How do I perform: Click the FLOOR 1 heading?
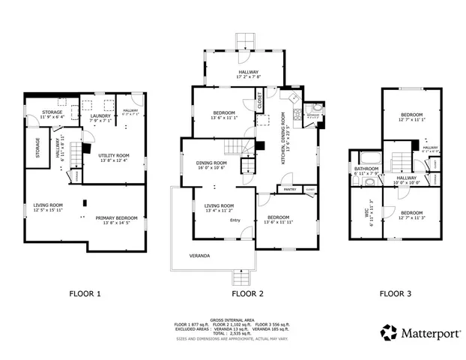[x=85, y=293]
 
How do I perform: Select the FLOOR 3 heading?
[x=395, y=293]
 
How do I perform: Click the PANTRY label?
[x=290, y=190]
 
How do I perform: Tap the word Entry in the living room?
[x=235, y=220]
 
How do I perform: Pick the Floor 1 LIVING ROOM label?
[x=47, y=207]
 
